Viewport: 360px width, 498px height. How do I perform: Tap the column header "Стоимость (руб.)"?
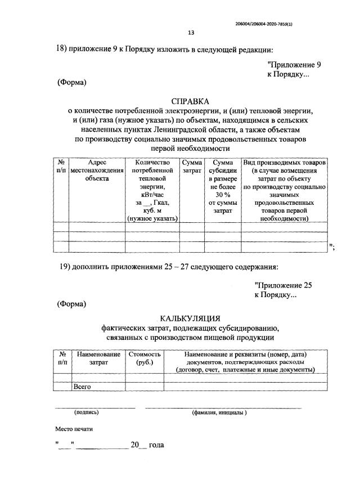[x=145, y=358]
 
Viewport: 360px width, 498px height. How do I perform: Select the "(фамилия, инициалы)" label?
[x=219, y=412]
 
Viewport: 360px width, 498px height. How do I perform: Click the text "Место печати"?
[x=74, y=429]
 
